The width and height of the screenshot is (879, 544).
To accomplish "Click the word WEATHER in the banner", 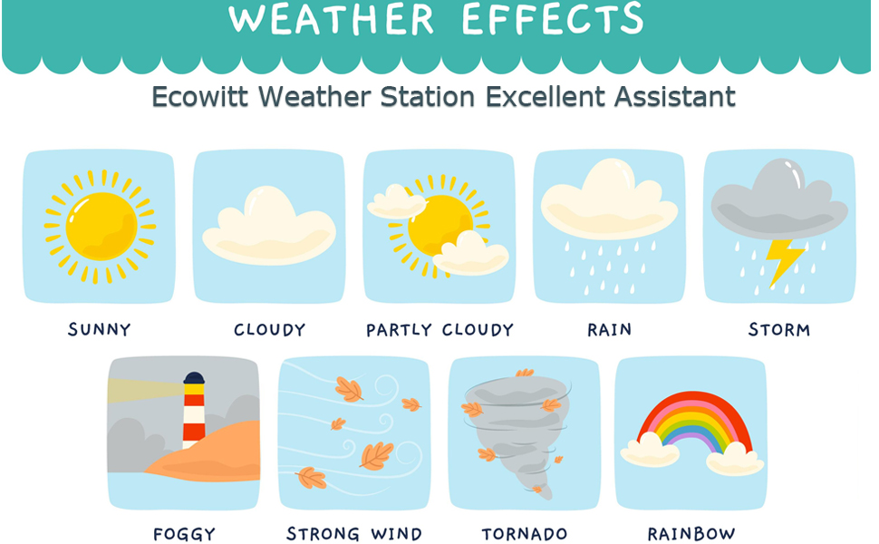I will click(x=332, y=18).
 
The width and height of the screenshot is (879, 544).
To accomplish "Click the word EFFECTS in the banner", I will click(x=553, y=18).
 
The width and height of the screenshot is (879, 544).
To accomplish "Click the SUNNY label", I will click(x=99, y=329).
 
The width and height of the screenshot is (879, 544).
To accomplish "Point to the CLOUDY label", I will click(x=269, y=329).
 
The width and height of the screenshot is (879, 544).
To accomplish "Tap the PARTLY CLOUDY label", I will click(x=439, y=329).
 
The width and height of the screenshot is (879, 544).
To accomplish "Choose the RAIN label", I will click(x=609, y=329).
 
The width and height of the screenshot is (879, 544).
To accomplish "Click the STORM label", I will click(x=779, y=329).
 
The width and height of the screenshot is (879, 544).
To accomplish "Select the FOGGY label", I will click(x=185, y=533).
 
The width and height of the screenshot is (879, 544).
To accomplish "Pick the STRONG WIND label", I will click(x=354, y=533).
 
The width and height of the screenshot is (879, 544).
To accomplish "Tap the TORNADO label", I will click(x=525, y=533).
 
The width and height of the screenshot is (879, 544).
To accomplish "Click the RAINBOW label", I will click(x=691, y=533).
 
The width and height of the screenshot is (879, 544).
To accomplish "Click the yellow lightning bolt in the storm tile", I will click(x=782, y=260).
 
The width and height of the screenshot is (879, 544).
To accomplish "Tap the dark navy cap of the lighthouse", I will click(x=194, y=378).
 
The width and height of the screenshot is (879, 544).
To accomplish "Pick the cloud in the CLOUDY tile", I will click(x=269, y=226).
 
